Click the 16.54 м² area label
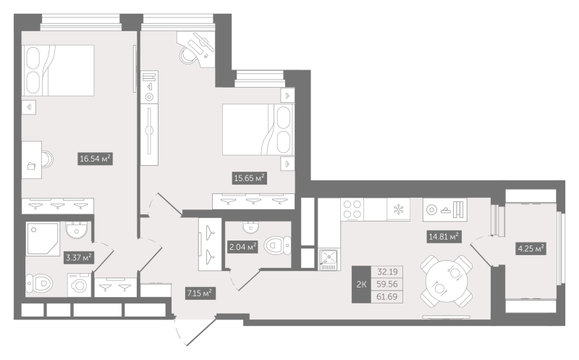(x=95, y=159)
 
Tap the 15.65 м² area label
(x=250, y=178)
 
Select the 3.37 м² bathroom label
(x=79, y=258)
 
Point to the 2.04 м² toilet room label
(x=242, y=246)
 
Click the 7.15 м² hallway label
(x=200, y=293)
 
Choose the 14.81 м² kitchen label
(x=444, y=236)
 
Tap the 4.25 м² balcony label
(x=531, y=248)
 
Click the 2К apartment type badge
(x=361, y=284)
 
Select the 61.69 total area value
(x=387, y=296)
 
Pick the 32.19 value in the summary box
(x=387, y=272)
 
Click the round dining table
(x=447, y=281)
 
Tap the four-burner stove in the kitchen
(x=352, y=209)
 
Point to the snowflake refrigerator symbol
(x=399, y=209)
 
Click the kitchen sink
(x=329, y=260)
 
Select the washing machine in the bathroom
(x=79, y=285)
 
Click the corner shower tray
(x=43, y=239)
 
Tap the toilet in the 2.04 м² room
(x=278, y=245)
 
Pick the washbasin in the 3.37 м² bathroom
(x=77, y=230)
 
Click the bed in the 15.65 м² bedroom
(x=258, y=130)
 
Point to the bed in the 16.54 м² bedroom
(x=58, y=70)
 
